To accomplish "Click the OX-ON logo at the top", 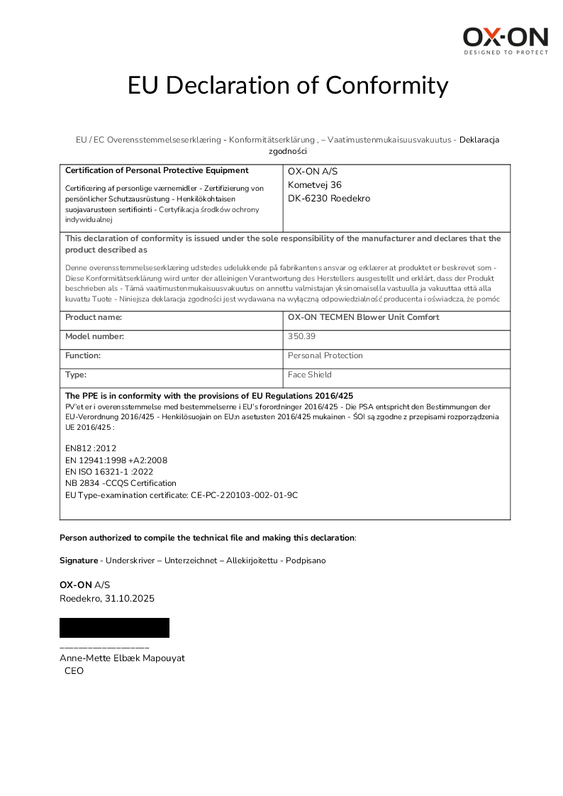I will [506, 41].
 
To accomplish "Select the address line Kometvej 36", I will [314, 184].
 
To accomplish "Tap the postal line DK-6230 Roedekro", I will [328, 199].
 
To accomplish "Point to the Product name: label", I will [94, 317].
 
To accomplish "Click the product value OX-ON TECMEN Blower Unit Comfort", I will [363, 317].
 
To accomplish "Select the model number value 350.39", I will [301, 336].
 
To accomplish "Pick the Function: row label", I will [83, 355].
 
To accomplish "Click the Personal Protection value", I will [325, 355].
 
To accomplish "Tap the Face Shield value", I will [309, 375].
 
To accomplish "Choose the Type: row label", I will [76, 375].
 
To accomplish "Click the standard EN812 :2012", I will [91, 448].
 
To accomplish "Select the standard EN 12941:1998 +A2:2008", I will [116, 460].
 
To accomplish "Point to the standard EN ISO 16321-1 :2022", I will [109, 471].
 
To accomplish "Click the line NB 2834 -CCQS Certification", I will [121, 483].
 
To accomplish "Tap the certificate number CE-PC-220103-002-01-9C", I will [244, 494].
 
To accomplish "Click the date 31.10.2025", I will [130, 598].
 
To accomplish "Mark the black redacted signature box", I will [114, 628].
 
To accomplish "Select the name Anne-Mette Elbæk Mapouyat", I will [122, 658].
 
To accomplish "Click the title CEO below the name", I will [74, 670].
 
